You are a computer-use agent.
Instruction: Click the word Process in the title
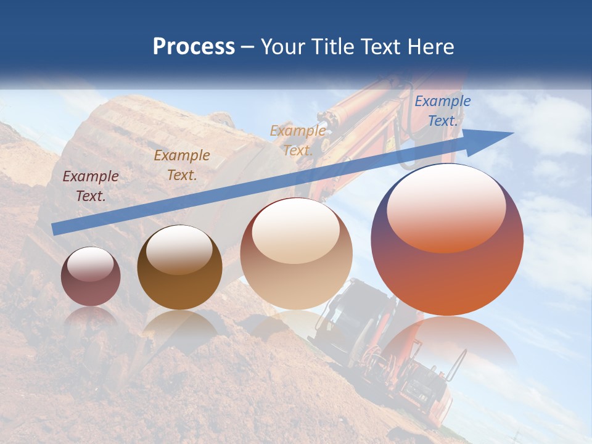click(x=194, y=47)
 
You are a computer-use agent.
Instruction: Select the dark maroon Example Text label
click(x=91, y=186)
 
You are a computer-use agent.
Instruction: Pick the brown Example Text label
click(x=182, y=165)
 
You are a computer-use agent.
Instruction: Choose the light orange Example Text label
click(x=298, y=141)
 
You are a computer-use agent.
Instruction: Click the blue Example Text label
click(x=442, y=111)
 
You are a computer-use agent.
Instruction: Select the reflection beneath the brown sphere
click(x=180, y=324)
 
